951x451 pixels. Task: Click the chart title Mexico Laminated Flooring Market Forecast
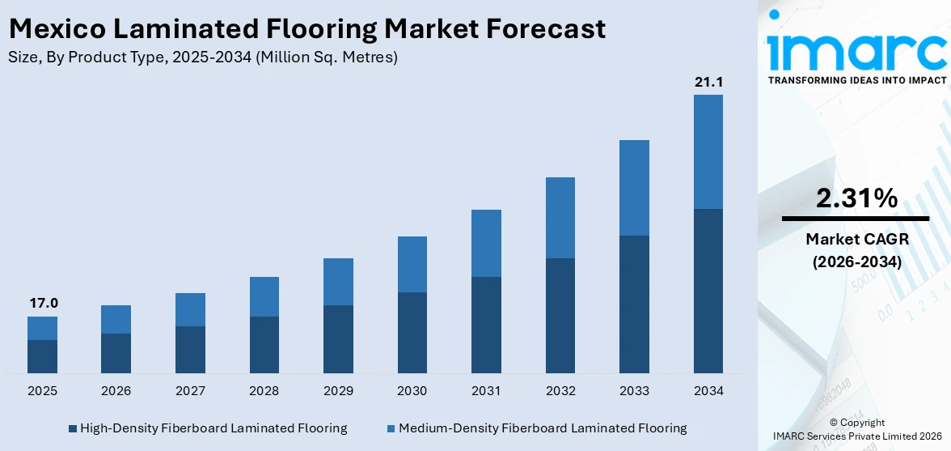coord(306,29)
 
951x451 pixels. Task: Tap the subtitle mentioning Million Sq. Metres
coord(202,57)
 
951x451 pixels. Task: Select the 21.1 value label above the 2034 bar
coord(708,82)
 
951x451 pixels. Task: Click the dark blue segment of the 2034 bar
coord(708,291)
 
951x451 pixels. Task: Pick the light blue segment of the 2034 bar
coord(708,151)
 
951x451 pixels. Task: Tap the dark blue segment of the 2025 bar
coord(42,356)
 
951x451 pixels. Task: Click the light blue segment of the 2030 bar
coord(412,264)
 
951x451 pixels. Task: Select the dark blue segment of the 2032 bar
coord(560,316)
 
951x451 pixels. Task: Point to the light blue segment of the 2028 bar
coord(264,296)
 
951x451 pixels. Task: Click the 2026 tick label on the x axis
coord(116,391)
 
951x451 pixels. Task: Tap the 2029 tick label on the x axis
coord(338,391)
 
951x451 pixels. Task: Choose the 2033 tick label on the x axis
coord(634,391)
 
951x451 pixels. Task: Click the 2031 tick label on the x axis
coord(486,391)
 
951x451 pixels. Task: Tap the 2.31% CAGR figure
coord(856,198)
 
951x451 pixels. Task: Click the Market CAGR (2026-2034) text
coord(856,250)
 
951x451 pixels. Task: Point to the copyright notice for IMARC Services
coord(856,429)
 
